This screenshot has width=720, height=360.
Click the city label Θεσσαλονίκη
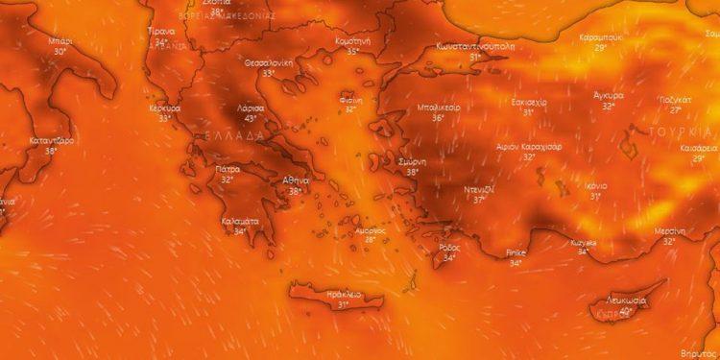click(268, 61)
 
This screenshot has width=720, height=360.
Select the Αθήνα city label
click(295, 180)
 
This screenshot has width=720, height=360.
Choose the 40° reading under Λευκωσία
click(626, 311)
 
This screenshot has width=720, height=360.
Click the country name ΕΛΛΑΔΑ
click(231, 136)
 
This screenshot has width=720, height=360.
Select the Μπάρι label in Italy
click(60, 42)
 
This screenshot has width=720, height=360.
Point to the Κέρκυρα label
click(165, 108)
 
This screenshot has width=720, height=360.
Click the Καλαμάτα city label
click(240, 220)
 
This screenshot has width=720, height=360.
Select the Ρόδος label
click(448, 247)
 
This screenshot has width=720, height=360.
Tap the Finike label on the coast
click(516, 252)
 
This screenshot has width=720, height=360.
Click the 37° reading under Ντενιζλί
click(479, 199)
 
